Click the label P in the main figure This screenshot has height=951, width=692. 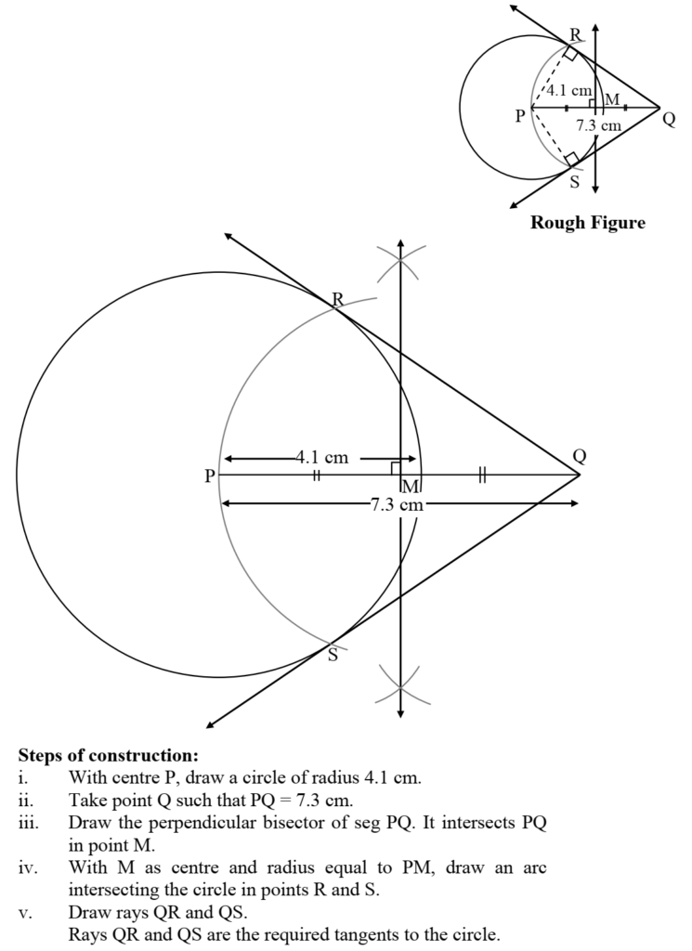click(x=209, y=475)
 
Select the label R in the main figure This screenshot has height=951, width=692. click(x=338, y=298)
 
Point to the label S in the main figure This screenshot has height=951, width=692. click(x=333, y=655)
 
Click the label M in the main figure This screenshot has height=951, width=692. click(x=411, y=487)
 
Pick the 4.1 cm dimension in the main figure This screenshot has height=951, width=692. click(x=322, y=457)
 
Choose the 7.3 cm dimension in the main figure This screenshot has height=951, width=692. click(x=397, y=504)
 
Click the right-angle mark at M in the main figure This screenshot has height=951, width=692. click(x=396, y=468)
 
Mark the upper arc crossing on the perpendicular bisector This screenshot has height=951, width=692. click(x=400, y=260)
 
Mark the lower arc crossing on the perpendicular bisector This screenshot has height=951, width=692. click(x=400, y=687)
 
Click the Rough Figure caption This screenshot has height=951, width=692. click(x=588, y=223)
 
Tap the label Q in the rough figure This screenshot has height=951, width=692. click(x=669, y=119)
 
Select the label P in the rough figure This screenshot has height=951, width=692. click(x=520, y=115)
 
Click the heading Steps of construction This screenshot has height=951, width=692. click(x=109, y=755)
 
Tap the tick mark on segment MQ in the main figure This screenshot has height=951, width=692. click(x=483, y=475)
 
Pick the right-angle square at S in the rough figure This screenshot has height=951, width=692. click(x=572, y=159)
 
